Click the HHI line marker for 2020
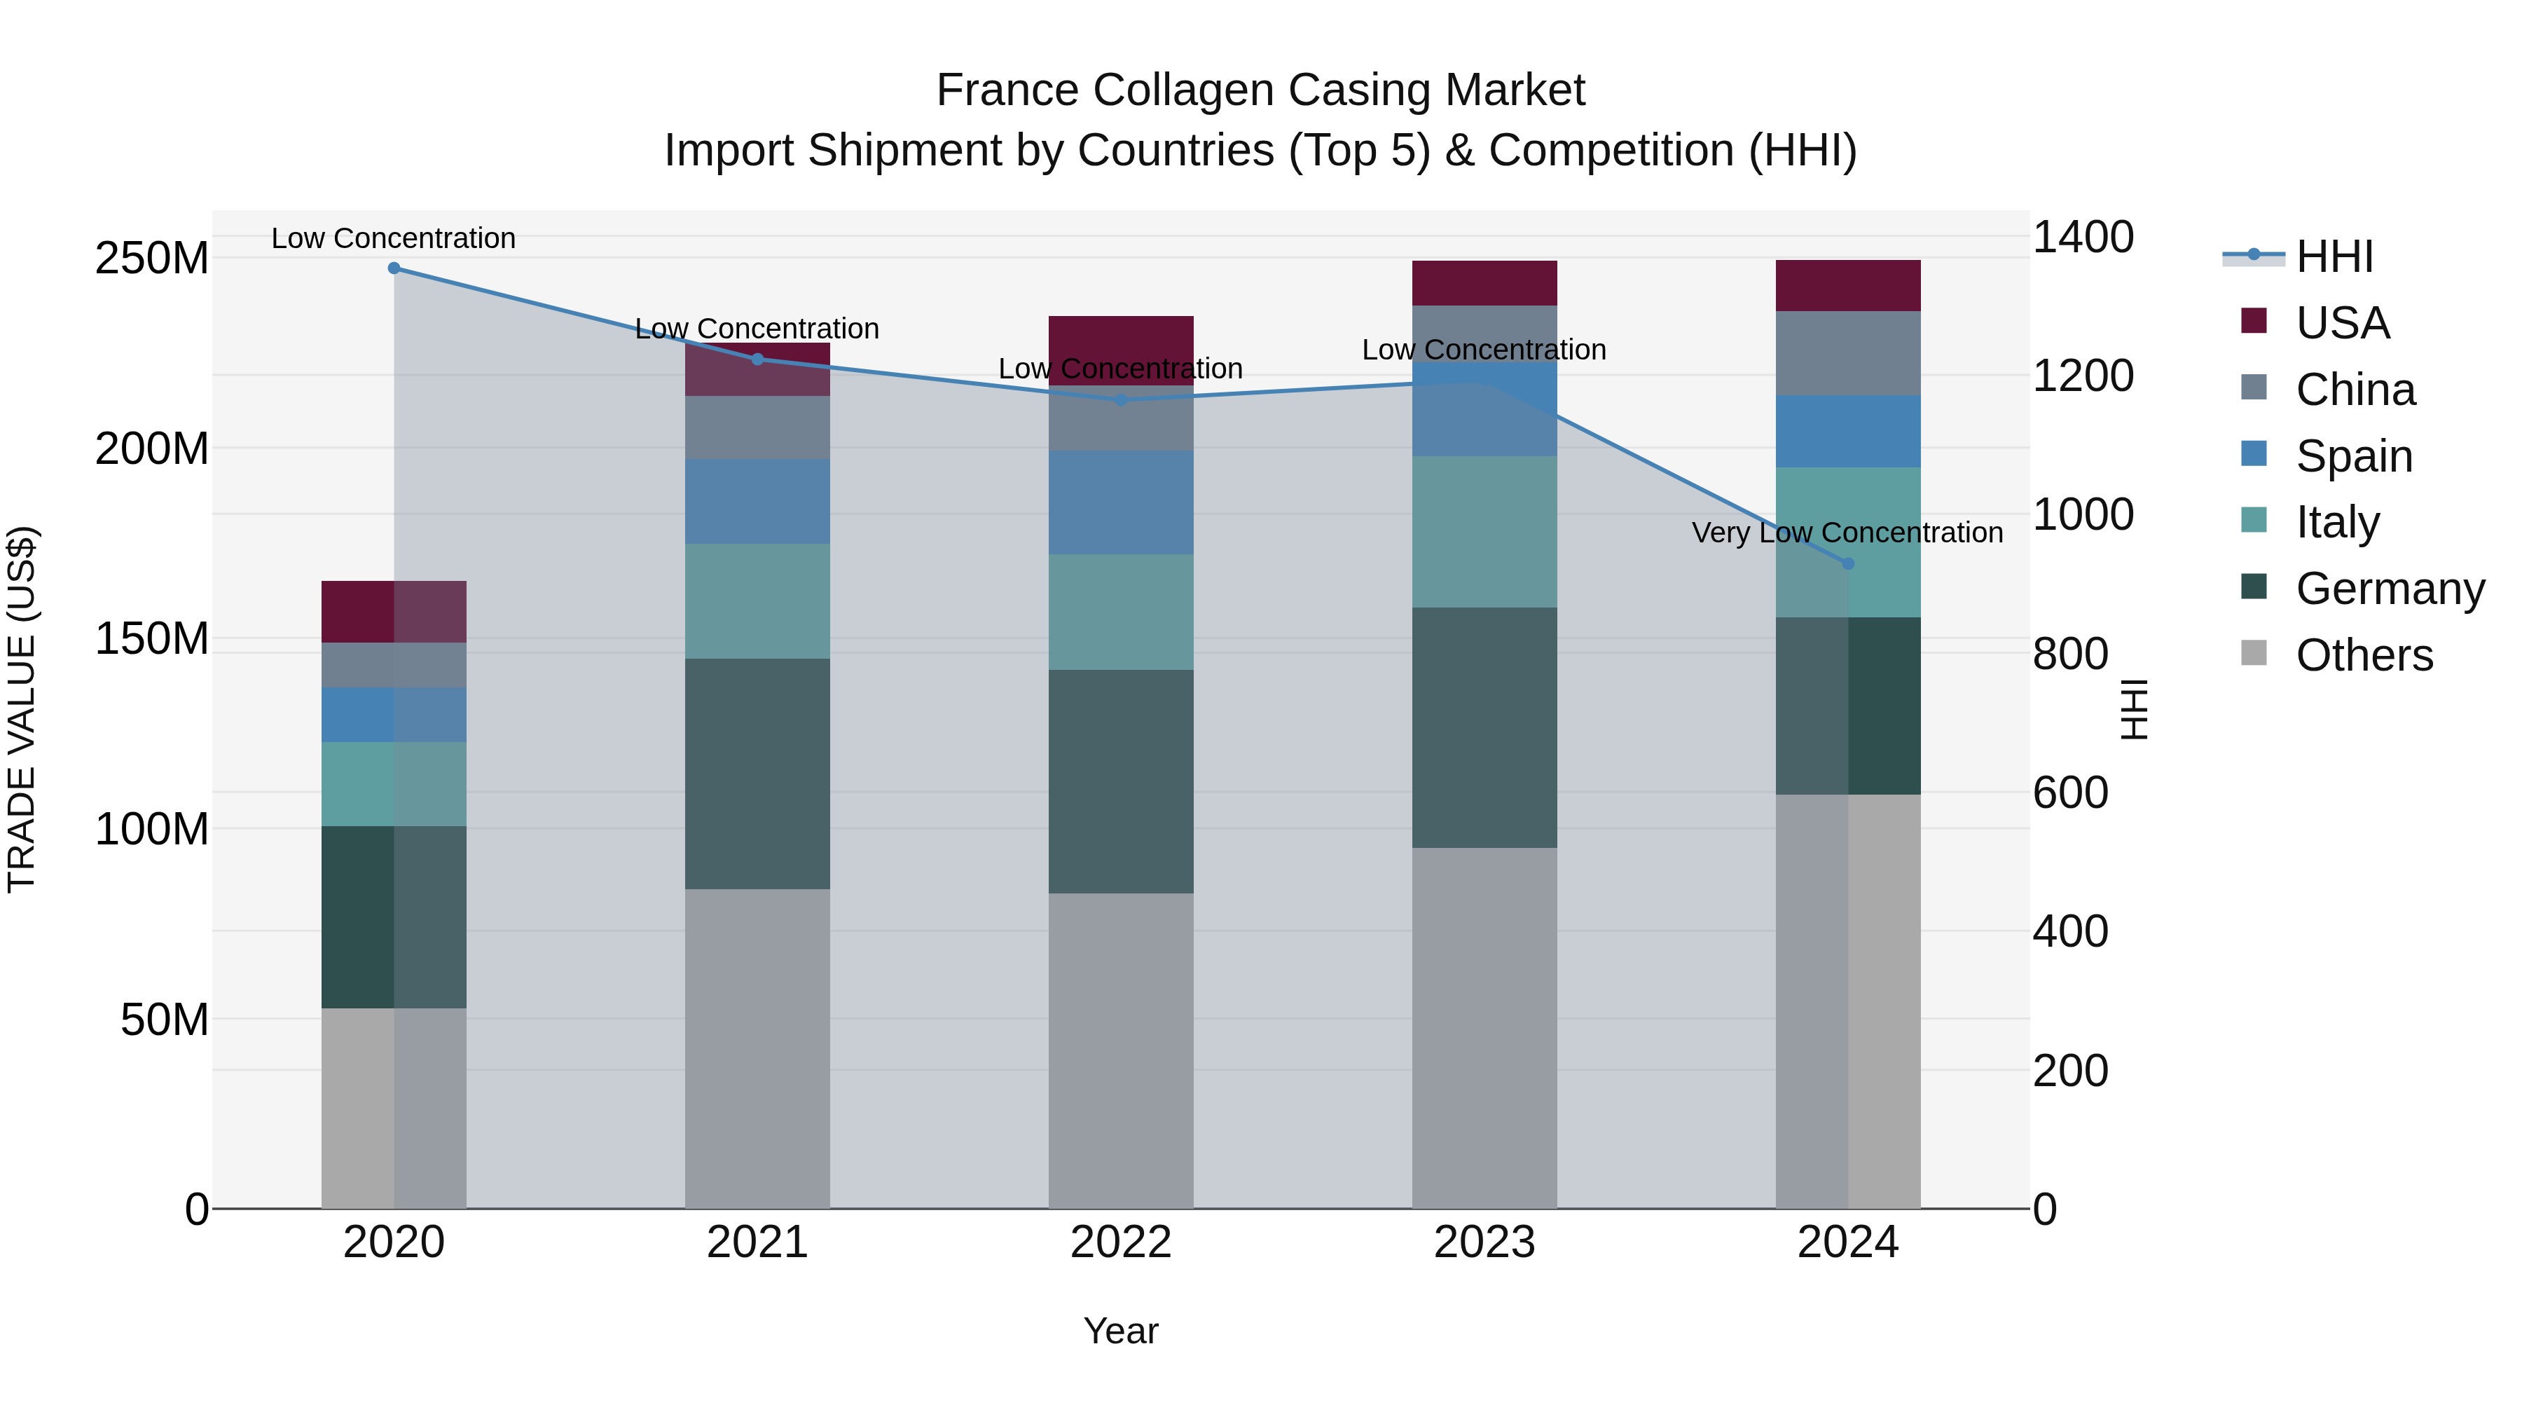click(x=394, y=268)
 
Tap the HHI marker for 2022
click(x=1121, y=399)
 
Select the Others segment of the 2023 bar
click(x=1484, y=1028)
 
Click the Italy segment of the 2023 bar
click(x=1484, y=532)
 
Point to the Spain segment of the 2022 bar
click(x=1121, y=502)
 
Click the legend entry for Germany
click(x=2390, y=589)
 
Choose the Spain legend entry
click(x=2354, y=456)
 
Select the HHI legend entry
click(x=2334, y=256)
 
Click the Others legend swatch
click(x=2254, y=653)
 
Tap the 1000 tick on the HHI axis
click(x=2083, y=515)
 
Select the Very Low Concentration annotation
click(x=1847, y=533)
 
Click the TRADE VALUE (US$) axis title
click(x=22, y=709)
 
